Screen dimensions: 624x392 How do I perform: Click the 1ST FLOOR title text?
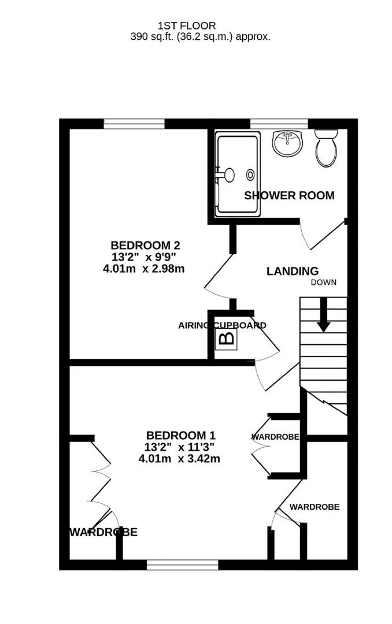point(187,26)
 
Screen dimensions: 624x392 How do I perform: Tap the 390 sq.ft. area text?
point(200,37)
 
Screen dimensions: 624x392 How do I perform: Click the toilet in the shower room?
point(327,148)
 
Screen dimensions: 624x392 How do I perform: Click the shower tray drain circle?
point(250,175)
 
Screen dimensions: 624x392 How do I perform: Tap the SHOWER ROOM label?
point(289,196)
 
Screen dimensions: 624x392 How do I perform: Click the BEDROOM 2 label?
point(145,245)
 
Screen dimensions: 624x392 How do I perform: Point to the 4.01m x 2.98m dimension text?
point(144,269)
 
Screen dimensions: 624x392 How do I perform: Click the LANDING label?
point(292,271)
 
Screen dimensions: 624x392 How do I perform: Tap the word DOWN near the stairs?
point(323,283)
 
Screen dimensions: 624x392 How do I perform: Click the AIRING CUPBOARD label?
point(222,326)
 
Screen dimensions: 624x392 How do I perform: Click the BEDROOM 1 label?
point(181,435)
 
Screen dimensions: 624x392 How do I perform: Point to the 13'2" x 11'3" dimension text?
point(179,446)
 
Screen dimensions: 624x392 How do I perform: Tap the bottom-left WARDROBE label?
point(103,532)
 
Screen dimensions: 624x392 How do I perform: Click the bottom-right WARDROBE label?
point(314,507)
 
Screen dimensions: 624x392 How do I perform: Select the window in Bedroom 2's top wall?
point(134,124)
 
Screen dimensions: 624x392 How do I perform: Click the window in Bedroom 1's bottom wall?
point(182,565)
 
